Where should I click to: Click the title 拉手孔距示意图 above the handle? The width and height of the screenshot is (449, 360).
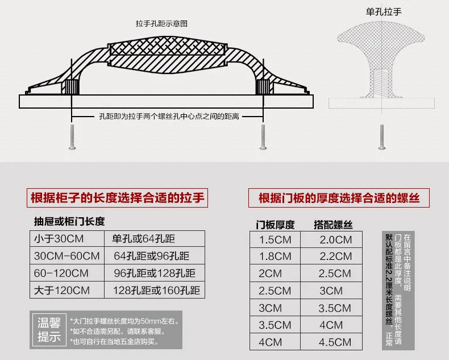(161, 23)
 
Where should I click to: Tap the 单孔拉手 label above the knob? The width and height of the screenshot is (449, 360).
(384, 12)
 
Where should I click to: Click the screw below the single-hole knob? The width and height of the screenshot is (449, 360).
(381, 137)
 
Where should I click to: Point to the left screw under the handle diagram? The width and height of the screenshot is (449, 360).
(72, 137)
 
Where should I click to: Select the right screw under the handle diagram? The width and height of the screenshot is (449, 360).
(263, 137)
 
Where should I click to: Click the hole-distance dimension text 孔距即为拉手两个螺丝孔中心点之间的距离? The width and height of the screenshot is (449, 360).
(169, 117)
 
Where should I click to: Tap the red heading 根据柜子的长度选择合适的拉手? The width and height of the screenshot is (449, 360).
(118, 198)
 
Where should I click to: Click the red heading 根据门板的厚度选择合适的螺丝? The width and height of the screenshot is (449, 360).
(339, 198)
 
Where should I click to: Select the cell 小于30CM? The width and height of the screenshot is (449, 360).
(59, 239)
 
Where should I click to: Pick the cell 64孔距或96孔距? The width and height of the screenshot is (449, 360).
(152, 256)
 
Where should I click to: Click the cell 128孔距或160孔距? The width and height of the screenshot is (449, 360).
(156, 291)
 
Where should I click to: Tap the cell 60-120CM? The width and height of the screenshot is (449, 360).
(61, 273)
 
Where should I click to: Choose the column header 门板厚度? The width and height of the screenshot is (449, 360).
(275, 225)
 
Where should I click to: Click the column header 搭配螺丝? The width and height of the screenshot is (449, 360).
(333, 225)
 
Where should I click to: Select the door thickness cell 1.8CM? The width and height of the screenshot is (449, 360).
(275, 256)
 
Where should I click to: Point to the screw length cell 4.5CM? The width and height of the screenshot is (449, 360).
(335, 342)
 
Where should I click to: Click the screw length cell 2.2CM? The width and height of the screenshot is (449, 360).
(335, 256)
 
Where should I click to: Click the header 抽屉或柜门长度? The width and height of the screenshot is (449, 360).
(69, 221)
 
